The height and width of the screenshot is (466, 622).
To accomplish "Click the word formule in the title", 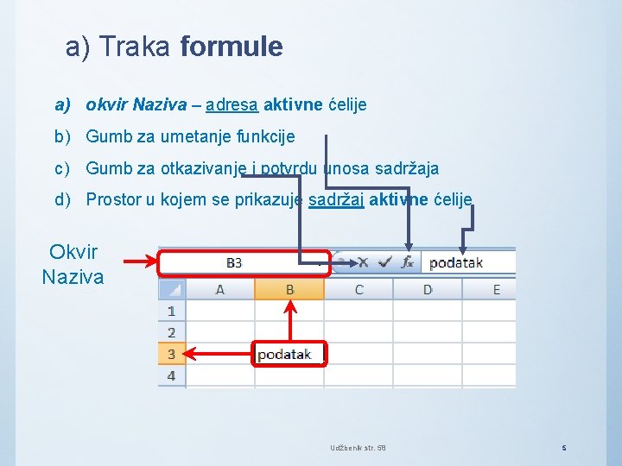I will pos(232,47).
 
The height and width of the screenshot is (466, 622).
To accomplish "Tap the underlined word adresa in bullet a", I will pos(232,104).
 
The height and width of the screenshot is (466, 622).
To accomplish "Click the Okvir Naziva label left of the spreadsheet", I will pos(73,265).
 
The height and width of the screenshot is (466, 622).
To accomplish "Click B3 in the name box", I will pos(234,262).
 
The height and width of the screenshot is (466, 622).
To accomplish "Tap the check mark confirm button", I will pos(385,261).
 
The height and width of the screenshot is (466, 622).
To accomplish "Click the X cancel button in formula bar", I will pos(363,261).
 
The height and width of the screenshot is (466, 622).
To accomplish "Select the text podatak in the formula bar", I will pos(456,262).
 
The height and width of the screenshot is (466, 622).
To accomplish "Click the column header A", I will pos(220,289).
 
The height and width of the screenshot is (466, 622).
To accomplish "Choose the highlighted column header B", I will pos(289,289).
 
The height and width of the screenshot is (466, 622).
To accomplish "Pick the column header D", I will pos(428,289).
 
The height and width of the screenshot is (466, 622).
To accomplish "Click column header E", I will pos(496,289).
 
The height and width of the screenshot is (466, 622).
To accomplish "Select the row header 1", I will pos(171,311).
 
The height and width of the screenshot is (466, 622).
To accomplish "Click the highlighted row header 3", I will pos(171,354).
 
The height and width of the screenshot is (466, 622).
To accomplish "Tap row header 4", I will pos(171,375).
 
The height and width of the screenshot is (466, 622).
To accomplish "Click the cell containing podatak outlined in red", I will pos(289,354).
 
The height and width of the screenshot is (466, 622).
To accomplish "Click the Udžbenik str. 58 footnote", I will pos(358,448).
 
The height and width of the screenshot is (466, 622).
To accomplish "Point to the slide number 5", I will pos(563,448).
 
